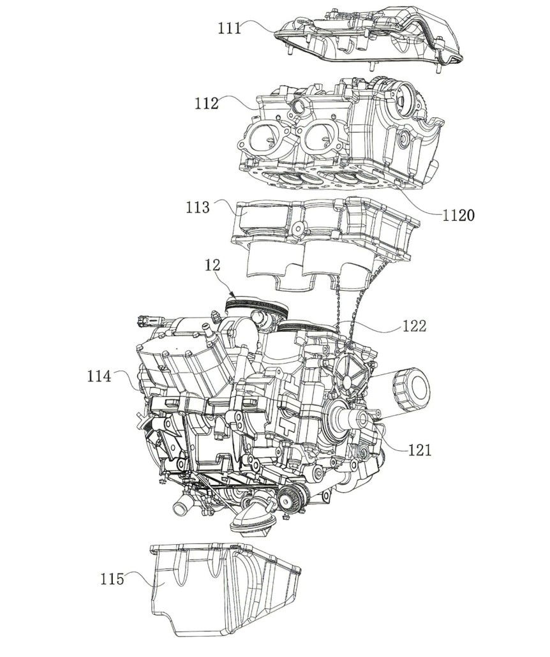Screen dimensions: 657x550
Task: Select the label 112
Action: (207, 102)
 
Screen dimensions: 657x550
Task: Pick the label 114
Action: (100, 376)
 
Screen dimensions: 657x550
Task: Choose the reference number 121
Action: (420, 450)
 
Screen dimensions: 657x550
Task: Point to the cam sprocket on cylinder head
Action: (405, 99)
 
